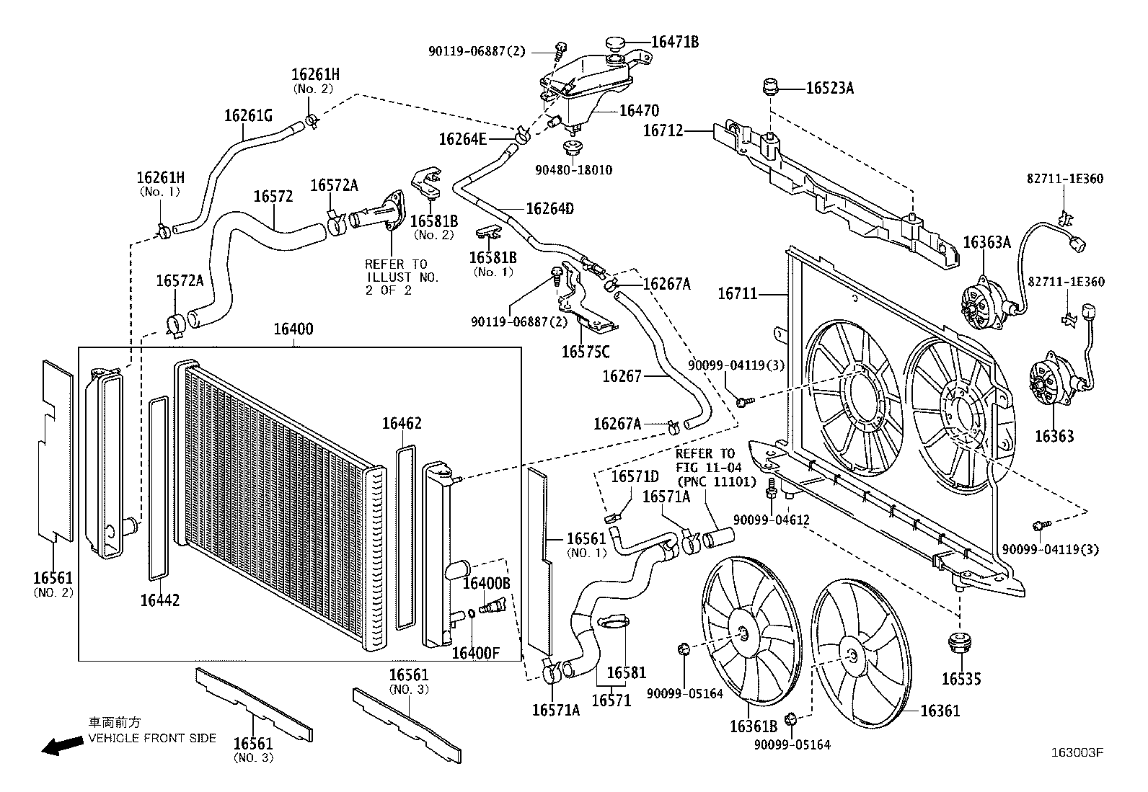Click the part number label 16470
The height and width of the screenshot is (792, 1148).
pos(639,111)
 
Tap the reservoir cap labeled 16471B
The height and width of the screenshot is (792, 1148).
pos(615,43)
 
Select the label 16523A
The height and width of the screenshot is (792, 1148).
pos(830,89)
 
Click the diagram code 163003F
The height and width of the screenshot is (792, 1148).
pos(1077,752)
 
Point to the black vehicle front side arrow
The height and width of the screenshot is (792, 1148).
pos(62,745)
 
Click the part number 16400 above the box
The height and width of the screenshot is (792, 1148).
pos(293,329)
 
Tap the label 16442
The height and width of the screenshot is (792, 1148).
pos(160,600)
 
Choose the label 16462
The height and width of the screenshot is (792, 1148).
pos(402,423)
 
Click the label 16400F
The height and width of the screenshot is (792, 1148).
pos(475,653)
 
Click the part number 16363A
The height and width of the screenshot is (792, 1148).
pos(986,242)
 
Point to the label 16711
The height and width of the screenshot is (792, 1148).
pos(738,293)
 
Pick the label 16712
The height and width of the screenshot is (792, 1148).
pos(663,130)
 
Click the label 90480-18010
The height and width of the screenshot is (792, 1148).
pos(573,170)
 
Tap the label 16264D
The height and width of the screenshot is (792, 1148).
pos(550,208)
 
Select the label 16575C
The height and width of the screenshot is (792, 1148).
pos(586,352)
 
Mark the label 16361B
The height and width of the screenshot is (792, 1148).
pos(754,726)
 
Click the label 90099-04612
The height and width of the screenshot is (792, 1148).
pos(772,520)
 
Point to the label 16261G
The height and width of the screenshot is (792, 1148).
pos(248,116)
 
